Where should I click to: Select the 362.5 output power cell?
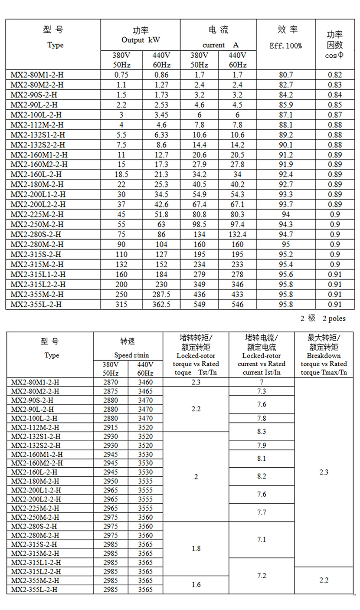pos(160,305)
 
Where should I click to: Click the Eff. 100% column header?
pos(286,46)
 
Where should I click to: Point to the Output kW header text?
pos(141,40)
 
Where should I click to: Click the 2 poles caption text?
pos(323,318)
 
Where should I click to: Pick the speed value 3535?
pos(145,481)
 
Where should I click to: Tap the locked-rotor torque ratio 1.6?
pos(196,584)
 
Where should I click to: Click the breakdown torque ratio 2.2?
pos(324,580)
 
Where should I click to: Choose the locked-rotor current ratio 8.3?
pos(262,431)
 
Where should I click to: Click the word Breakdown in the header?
pos(324,356)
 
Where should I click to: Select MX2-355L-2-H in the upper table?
pos(36,305)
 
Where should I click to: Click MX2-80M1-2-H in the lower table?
pos(36,382)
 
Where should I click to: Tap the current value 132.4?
pos(237,235)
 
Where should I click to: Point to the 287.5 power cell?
pos(160,295)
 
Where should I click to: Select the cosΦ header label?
pos(334,55)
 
